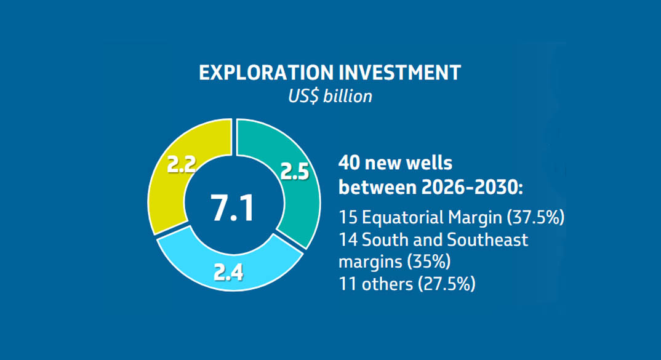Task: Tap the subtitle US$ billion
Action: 330,96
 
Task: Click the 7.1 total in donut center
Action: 233,208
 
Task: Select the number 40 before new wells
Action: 350,164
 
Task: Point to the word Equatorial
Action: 401,217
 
